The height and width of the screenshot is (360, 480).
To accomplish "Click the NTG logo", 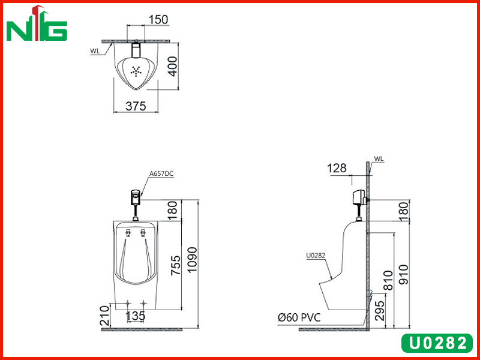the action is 37,23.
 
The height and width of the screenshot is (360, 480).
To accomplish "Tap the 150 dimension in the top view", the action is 158,20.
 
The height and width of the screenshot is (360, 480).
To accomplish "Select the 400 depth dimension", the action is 173,67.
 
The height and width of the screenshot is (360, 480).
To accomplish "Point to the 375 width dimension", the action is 136,106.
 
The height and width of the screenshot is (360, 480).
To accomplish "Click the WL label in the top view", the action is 95,51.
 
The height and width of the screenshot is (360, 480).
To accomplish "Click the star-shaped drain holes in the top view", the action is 136,71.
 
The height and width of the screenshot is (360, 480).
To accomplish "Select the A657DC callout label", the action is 161,173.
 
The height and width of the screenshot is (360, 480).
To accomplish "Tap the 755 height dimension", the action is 176,265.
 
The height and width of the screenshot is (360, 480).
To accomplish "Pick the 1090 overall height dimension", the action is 193,260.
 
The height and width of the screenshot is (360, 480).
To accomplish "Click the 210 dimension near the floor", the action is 104,316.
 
